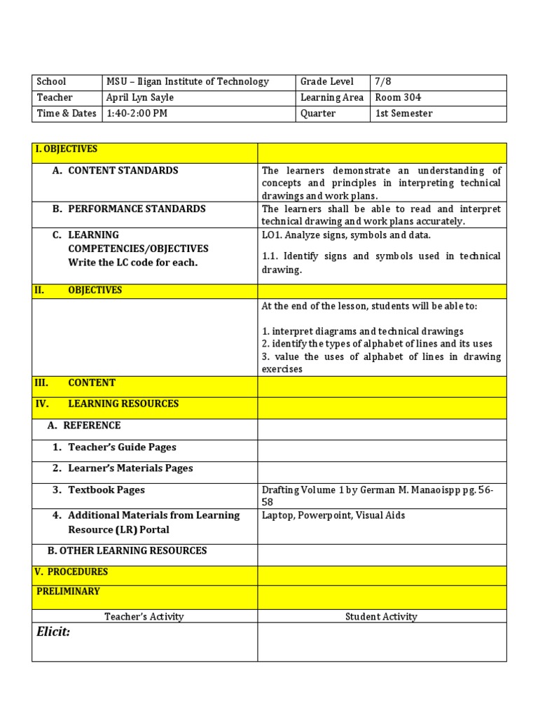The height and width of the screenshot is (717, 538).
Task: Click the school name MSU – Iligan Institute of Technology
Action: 187,82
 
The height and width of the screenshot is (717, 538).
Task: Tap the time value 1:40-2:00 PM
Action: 137,113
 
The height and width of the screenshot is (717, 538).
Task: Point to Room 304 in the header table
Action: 398,98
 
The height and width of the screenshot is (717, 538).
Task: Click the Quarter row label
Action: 317,113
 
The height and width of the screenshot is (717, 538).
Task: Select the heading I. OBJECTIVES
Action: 66,149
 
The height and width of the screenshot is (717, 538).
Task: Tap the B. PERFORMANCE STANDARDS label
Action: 137,209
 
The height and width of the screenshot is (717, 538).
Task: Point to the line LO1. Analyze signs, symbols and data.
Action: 346,235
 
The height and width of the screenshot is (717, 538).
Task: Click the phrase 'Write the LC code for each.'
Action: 133,263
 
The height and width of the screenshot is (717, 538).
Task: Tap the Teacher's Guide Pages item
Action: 122,447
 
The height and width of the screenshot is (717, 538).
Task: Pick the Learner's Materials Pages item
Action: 130,468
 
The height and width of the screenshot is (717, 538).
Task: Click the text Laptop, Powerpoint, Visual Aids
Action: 333,515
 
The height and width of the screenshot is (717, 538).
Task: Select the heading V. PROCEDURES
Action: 71,572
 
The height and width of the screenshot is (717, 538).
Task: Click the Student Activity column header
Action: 381,617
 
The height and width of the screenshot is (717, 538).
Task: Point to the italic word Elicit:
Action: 53,633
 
